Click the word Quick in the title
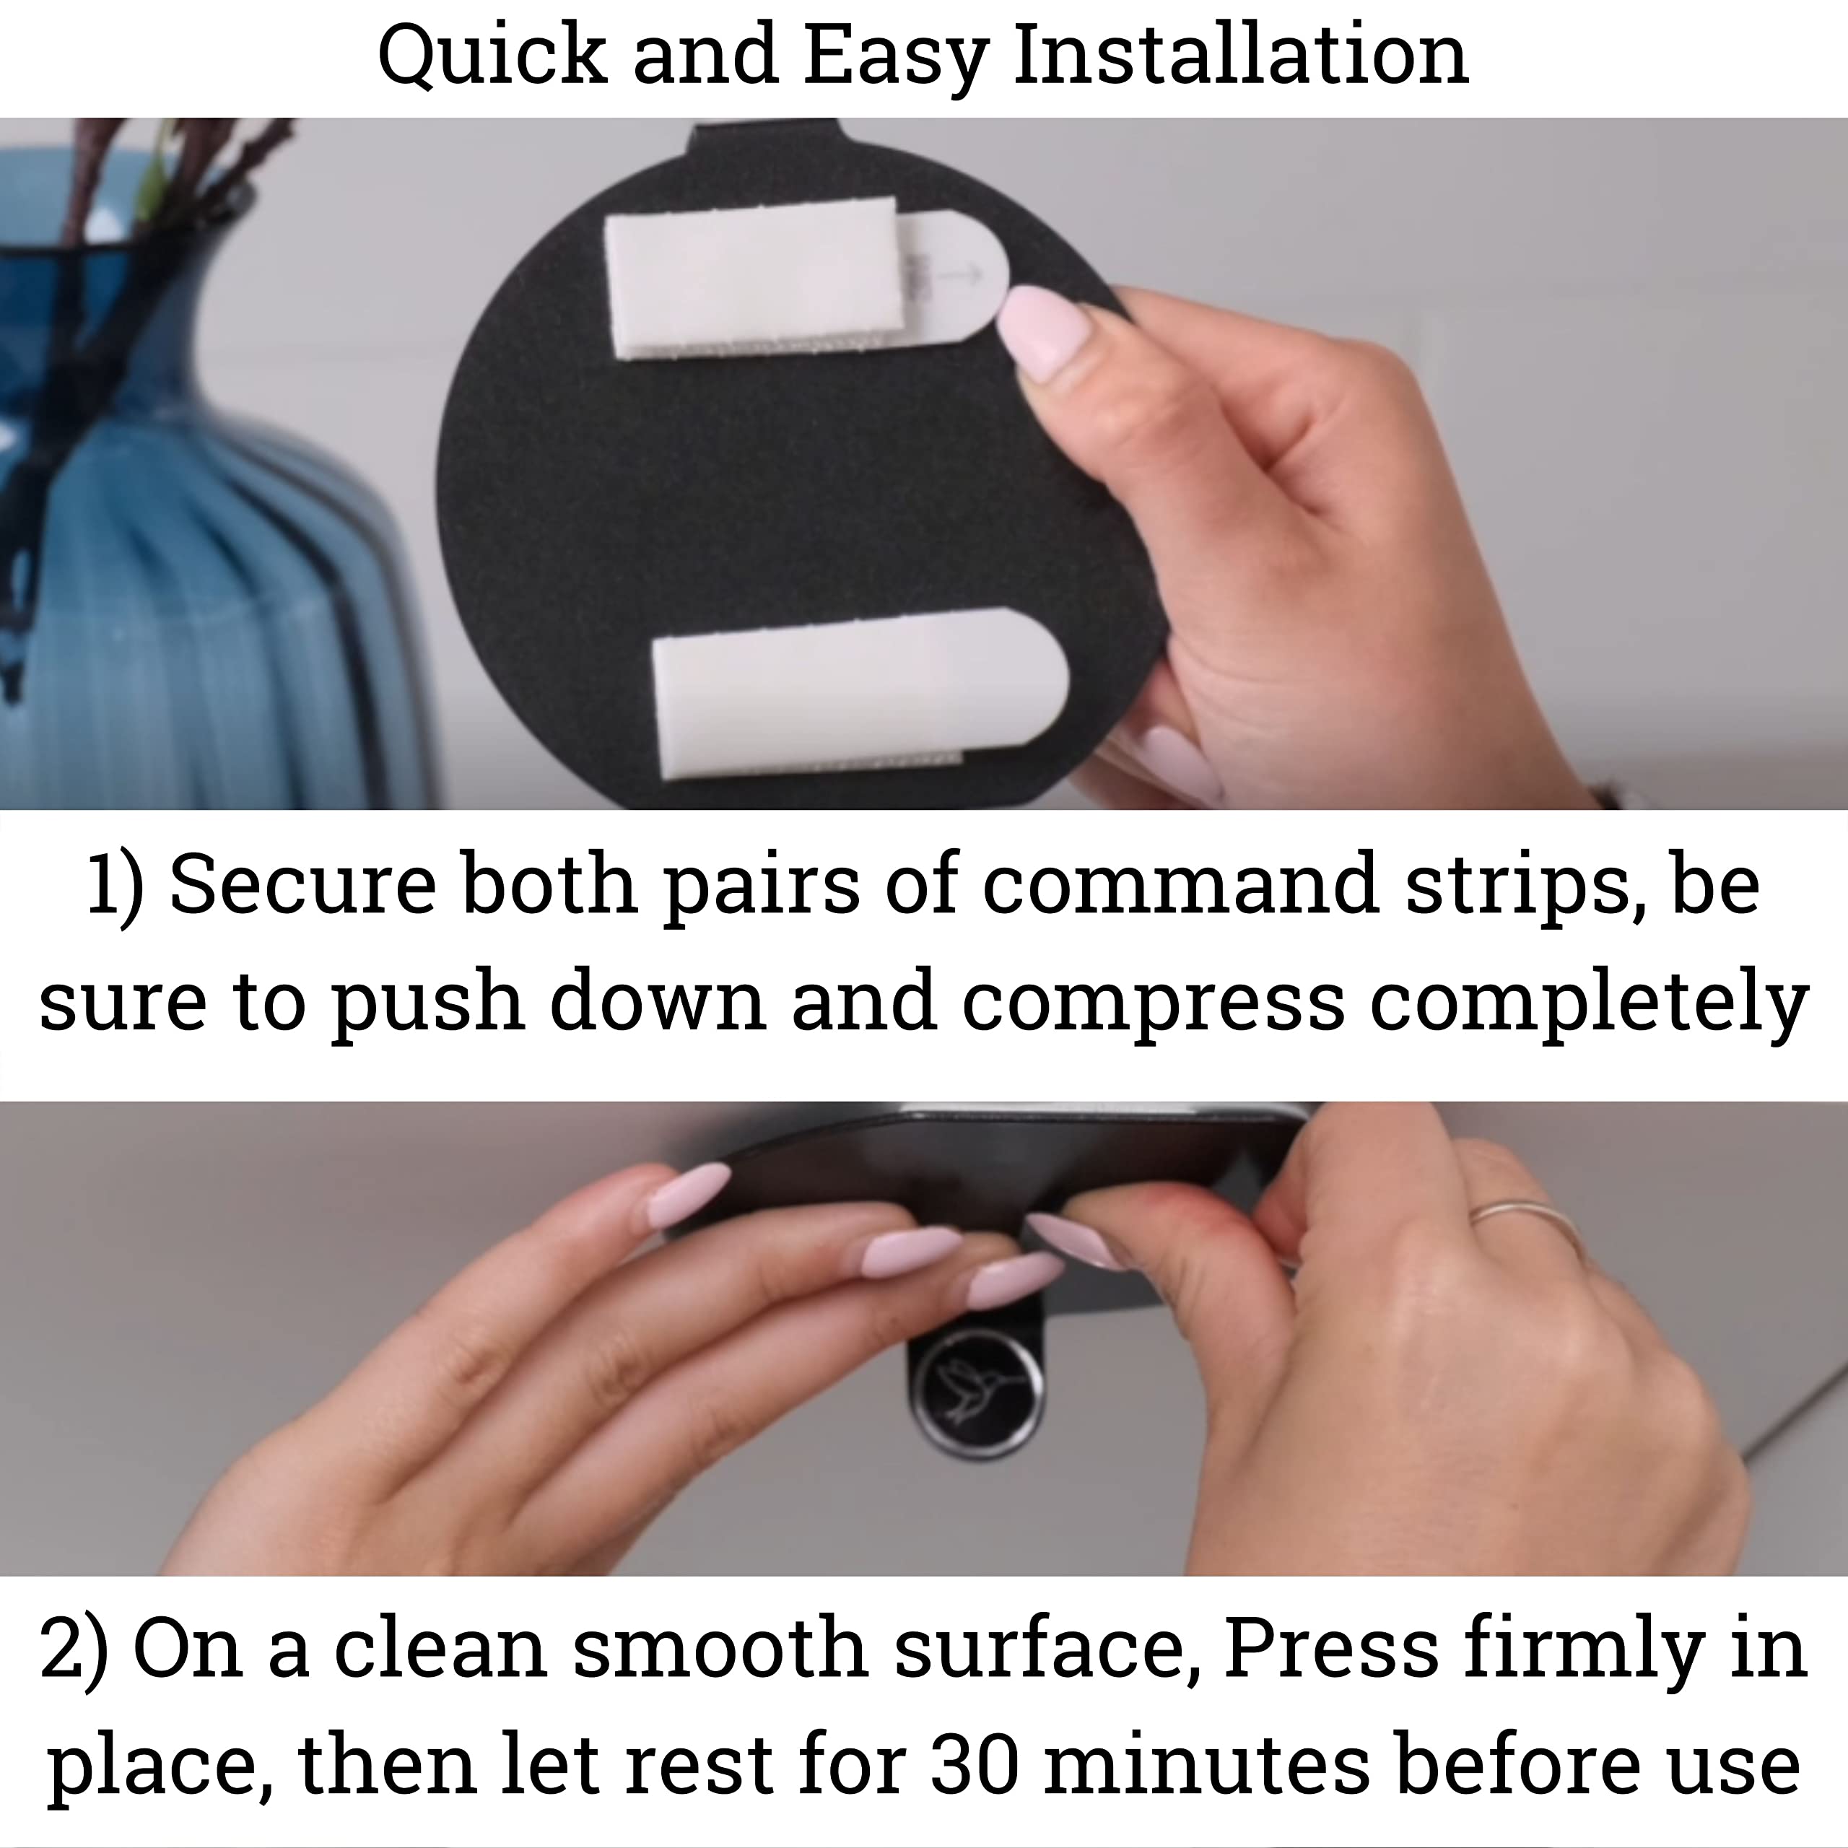(x=492, y=56)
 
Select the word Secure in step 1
(x=302, y=884)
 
